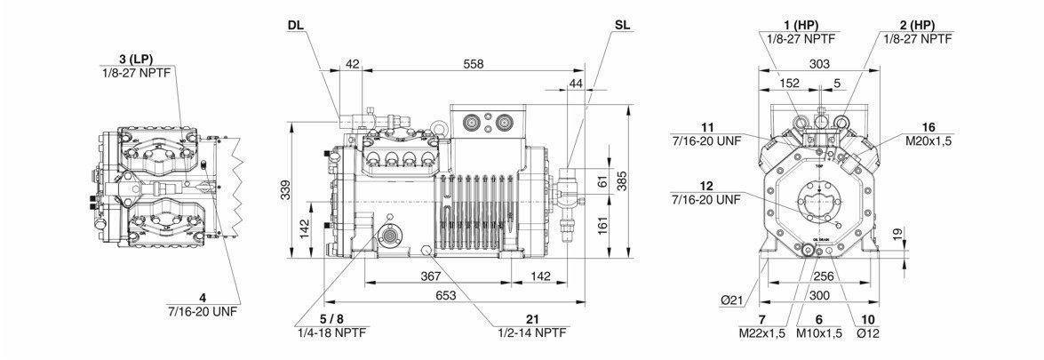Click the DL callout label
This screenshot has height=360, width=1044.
295,25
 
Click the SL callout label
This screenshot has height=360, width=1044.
621,25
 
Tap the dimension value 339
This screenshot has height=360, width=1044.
285,189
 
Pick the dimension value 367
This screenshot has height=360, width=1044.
430,276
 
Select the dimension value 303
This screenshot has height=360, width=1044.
819,64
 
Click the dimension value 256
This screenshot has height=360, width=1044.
824,277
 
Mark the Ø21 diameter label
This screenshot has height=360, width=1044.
732,301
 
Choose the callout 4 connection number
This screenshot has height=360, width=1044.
203,297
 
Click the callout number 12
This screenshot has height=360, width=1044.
706,186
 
